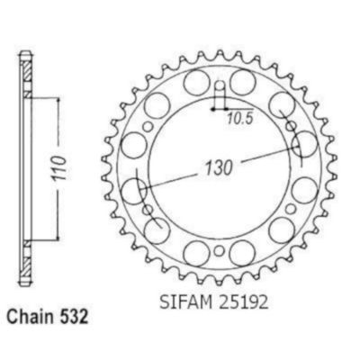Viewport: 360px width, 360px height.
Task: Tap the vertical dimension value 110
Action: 59,168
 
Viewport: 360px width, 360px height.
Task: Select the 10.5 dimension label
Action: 240,119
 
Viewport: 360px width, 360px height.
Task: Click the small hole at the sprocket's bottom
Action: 220,251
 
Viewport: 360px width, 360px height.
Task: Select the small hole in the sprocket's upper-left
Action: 148,127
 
